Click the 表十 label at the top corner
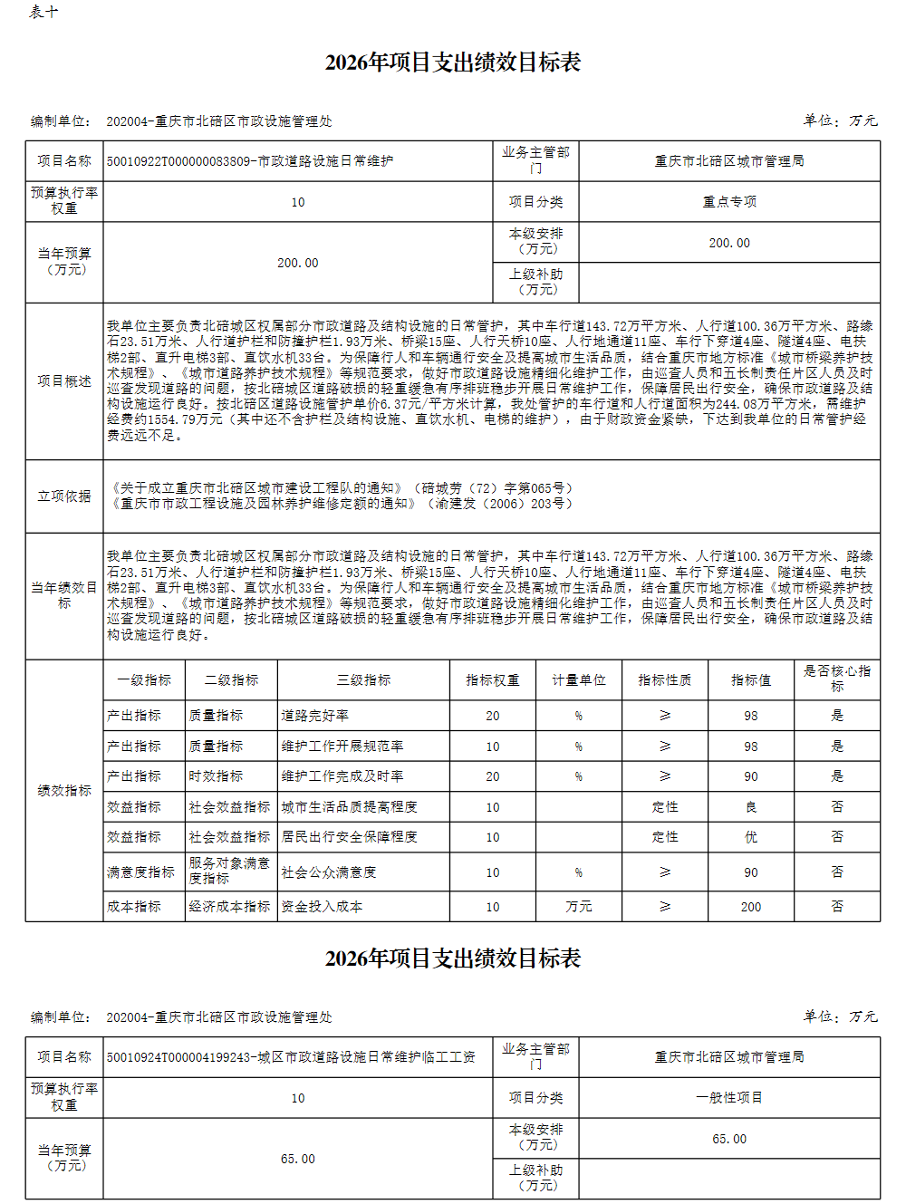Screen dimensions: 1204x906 [x=43, y=13]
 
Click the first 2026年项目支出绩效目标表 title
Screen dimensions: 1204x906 [x=452, y=63]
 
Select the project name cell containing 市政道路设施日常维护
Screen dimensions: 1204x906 [x=250, y=161]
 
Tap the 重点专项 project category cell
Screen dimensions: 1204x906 [x=729, y=202]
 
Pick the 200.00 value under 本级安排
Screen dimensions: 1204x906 [x=729, y=243]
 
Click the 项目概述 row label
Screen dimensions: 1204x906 [x=64, y=381]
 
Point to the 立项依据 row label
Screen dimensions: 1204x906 [x=64, y=496]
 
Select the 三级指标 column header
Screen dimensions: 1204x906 [x=363, y=680]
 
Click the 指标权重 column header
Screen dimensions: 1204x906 [x=492, y=680]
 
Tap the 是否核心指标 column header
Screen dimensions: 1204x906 [x=836, y=679]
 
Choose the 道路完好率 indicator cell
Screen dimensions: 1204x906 [x=315, y=716]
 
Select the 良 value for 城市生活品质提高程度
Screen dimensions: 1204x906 [x=751, y=807]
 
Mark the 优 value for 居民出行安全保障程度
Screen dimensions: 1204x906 [x=751, y=837]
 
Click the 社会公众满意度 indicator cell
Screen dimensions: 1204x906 [x=329, y=872]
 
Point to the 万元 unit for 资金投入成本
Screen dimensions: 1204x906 [x=579, y=907]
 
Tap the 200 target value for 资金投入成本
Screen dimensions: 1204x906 [x=751, y=907]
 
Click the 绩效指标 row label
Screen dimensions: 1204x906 [x=64, y=791]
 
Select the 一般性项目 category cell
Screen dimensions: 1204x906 [x=729, y=1098]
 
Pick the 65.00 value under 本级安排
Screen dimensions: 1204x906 [x=729, y=1139]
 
